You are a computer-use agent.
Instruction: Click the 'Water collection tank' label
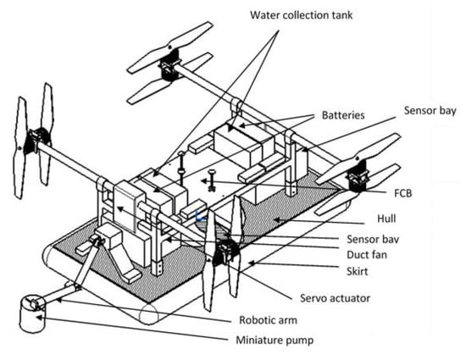pos(302,15)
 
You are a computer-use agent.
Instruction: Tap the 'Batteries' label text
pos(343,115)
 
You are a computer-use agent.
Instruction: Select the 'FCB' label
pos(403,193)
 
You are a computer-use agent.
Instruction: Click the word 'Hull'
pos(386,219)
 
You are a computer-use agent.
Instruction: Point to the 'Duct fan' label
pos(367,255)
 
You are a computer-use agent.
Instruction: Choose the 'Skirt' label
pos(358,272)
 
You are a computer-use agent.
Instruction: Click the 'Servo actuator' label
pos(335,298)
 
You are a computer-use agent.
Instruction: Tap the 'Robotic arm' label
pos(268,320)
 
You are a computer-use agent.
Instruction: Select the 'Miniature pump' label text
pos(275,341)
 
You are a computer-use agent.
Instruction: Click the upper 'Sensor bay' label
pos(430,111)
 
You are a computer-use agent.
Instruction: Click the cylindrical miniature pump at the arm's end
pos(32,313)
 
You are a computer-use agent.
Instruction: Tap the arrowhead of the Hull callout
pos(276,219)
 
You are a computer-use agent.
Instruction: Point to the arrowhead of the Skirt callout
pos(251,263)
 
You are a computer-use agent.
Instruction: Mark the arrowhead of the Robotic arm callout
pos(58,300)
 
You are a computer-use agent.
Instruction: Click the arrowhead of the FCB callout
pos(203,180)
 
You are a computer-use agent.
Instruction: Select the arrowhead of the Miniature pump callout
pos(39,318)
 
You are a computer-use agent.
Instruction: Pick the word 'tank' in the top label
pos(342,15)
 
